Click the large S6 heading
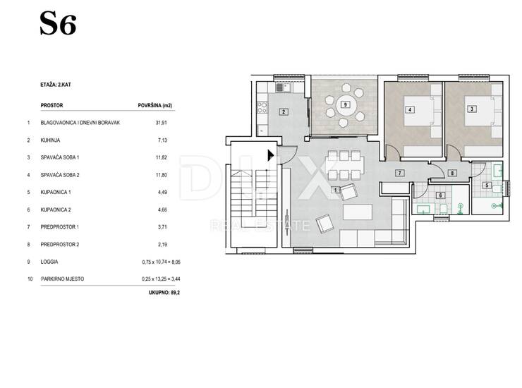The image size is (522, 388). pyautogui.click(x=58, y=24)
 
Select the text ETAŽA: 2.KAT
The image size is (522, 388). pyautogui.click(x=56, y=85)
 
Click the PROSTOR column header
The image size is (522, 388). pyautogui.click(x=51, y=105)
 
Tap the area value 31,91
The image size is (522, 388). pyautogui.click(x=161, y=123)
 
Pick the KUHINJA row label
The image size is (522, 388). pyautogui.click(x=50, y=140)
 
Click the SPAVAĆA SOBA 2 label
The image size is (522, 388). pyautogui.click(x=60, y=175)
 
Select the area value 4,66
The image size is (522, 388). pyautogui.click(x=162, y=210)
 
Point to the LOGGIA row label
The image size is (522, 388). pyautogui.click(x=49, y=262)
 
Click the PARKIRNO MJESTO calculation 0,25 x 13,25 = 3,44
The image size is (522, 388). pyautogui.click(x=161, y=279)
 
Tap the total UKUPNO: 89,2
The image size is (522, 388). pyautogui.click(x=164, y=293)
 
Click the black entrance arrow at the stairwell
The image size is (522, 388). pyautogui.click(x=271, y=155)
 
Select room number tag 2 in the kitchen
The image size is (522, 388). pyautogui.click(x=284, y=112)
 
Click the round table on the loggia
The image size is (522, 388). pyautogui.click(x=345, y=105)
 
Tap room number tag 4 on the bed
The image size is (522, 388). pyautogui.click(x=410, y=109)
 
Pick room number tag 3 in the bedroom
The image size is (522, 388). pyautogui.click(x=471, y=109)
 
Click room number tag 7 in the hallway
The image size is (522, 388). pyautogui.click(x=399, y=173)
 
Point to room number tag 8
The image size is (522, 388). pyautogui.click(x=451, y=173)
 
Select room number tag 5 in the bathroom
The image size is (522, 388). pyautogui.click(x=487, y=185)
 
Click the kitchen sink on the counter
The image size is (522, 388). pyautogui.click(x=283, y=87)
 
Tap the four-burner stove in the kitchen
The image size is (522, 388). pyautogui.click(x=262, y=107)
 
